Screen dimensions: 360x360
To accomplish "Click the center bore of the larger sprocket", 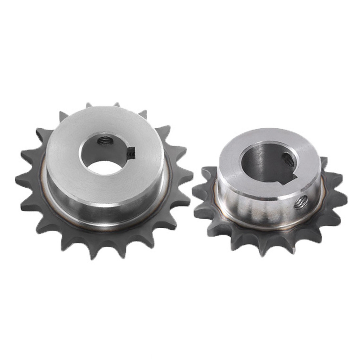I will tap(104, 155).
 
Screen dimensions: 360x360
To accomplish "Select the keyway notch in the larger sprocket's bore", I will tap(131, 153).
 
